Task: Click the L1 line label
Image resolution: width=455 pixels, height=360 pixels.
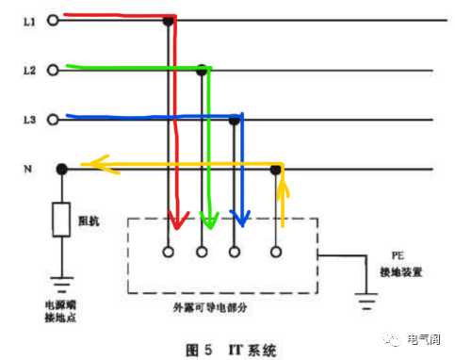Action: tap(29, 20)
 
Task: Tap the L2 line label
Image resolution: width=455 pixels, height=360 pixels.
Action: tap(29, 70)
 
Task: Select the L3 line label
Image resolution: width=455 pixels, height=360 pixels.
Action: tap(29, 120)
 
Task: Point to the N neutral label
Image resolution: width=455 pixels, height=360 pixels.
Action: tap(28, 170)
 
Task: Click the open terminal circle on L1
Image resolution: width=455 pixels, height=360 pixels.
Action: tap(52, 20)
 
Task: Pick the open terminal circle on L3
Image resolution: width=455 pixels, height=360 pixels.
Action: tap(52, 120)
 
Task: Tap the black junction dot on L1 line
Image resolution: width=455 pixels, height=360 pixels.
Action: tap(169, 20)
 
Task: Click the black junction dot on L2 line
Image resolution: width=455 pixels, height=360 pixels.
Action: tap(202, 70)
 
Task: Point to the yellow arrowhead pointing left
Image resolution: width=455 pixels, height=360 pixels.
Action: tap(90, 166)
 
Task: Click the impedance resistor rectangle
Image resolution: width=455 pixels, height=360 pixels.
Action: tap(61, 219)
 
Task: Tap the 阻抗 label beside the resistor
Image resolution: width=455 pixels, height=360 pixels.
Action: tap(89, 222)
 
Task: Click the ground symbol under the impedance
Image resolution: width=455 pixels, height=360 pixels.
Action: tap(61, 281)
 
